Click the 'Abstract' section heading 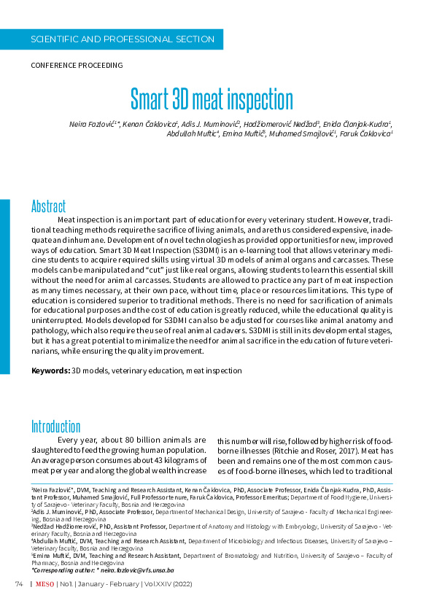48,206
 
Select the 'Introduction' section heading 55,427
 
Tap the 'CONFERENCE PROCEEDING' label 77,65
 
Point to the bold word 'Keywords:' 50,370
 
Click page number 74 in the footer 19,585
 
